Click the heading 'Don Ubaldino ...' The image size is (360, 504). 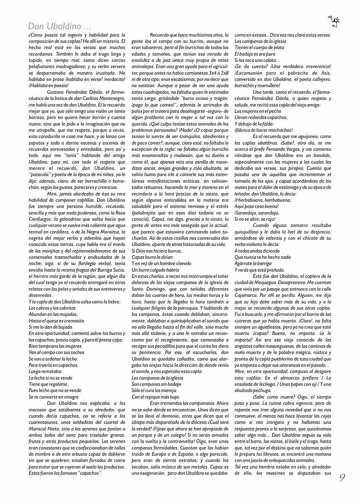coord(59,26)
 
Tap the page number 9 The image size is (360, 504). coord(342,478)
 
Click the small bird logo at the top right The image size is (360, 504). coord(334,22)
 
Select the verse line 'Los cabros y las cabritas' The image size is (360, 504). coord(52,308)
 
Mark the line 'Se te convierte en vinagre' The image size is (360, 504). coord(54,397)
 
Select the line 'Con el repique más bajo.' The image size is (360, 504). coord(156,397)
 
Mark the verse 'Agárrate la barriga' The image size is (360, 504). coord(253,264)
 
